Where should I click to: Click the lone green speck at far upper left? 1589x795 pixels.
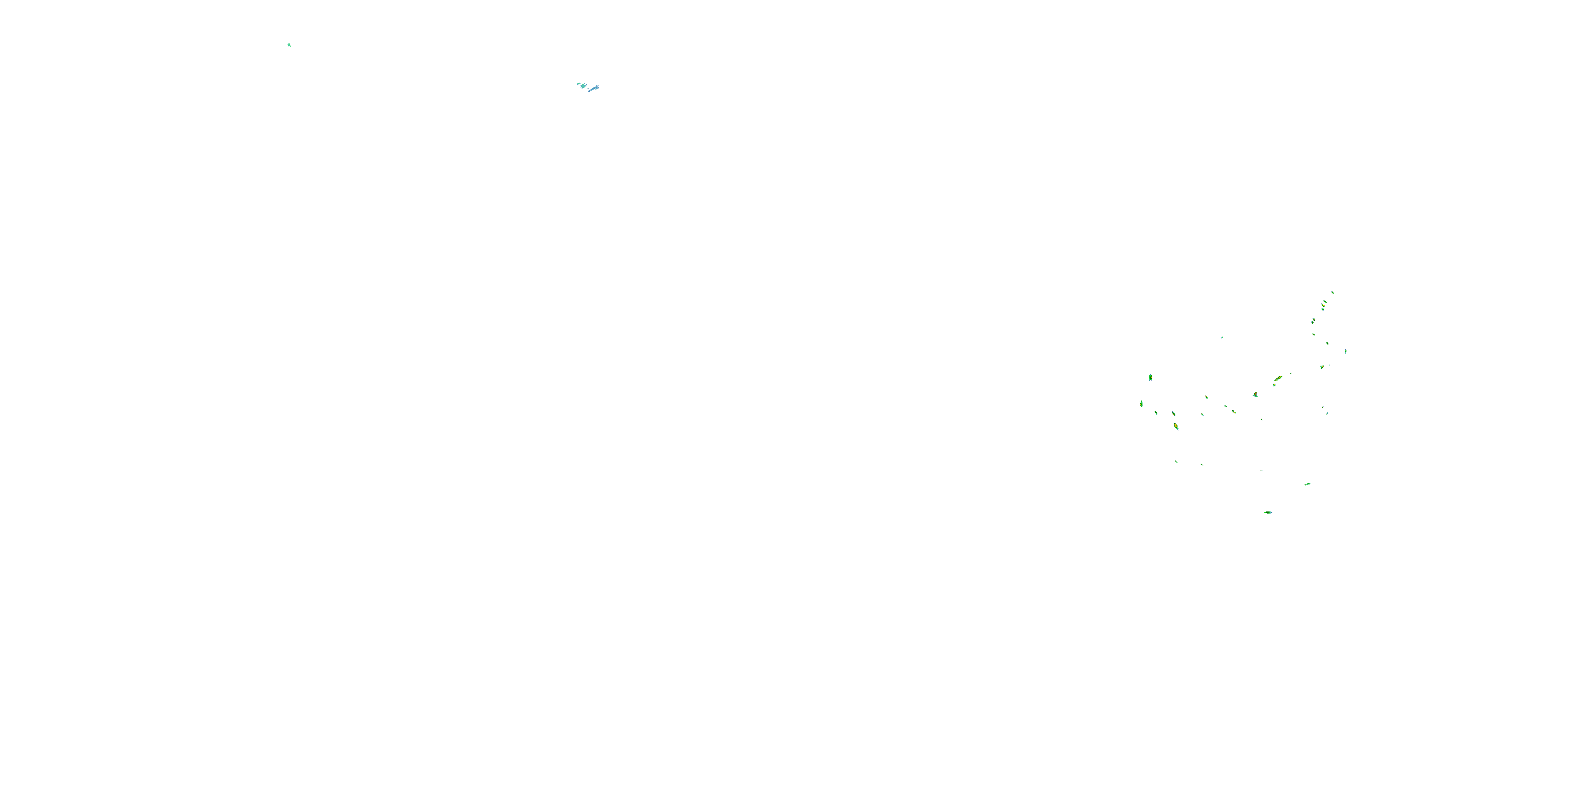[x=289, y=45]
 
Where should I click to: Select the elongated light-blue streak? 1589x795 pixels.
[x=593, y=89]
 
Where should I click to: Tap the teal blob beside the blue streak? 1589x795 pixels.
[x=583, y=86]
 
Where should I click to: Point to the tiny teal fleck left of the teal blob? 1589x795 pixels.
[x=578, y=83]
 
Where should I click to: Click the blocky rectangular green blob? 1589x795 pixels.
[x=1150, y=378]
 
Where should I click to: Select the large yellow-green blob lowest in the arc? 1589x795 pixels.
[x=1176, y=426]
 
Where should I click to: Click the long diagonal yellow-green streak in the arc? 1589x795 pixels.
[x=1278, y=378]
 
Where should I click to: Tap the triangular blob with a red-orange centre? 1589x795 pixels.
[x=1255, y=395]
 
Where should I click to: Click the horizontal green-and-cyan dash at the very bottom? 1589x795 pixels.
[x=1267, y=513]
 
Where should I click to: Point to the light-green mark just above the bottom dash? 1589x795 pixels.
[x=1307, y=484]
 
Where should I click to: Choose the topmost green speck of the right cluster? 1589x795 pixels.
[x=1333, y=292]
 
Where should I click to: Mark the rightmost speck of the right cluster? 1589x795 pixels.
[x=1345, y=351]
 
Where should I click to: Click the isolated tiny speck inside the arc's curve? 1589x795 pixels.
[x=1222, y=338]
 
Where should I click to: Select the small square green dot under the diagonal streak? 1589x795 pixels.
[x=1274, y=385]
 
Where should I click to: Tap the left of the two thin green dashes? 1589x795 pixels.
[x=1176, y=462]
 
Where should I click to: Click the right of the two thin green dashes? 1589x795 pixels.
[x=1202, y=464]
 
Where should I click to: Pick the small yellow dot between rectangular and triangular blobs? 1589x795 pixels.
[x=1207, y=397]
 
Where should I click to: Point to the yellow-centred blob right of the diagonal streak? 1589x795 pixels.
[x=1322, y=367]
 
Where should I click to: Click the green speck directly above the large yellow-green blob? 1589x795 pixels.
[x=1173, y=413]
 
